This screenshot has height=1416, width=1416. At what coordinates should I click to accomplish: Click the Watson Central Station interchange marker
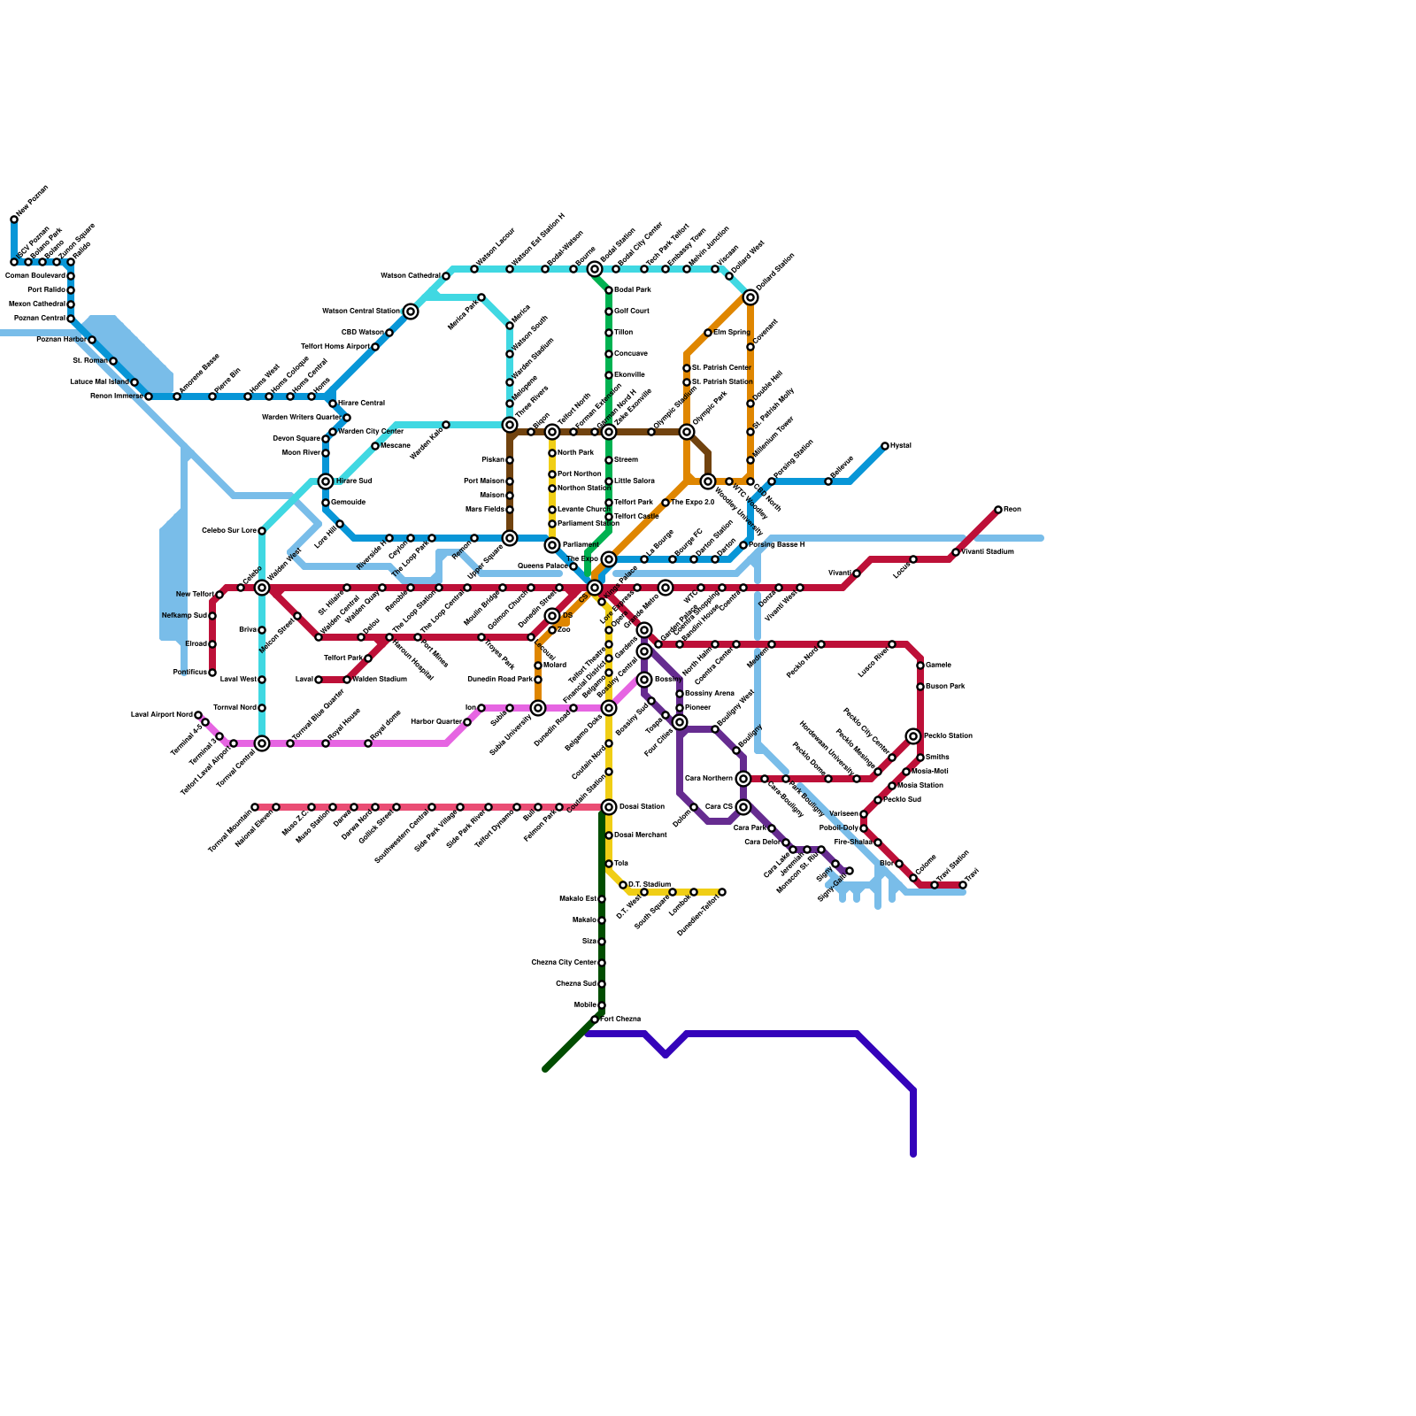point(411,312)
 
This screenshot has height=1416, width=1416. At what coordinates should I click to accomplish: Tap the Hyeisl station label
point(900,446)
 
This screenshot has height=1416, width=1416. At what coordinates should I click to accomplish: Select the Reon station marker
point(998,510)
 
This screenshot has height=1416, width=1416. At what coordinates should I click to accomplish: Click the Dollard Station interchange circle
point(750,297)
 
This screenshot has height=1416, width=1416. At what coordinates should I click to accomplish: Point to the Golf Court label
point(632,312)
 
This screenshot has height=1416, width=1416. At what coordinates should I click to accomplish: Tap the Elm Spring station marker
point(708,333)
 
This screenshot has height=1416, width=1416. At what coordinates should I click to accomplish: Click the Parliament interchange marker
point(552,545)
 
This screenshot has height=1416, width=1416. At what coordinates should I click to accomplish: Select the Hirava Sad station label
point(353,481)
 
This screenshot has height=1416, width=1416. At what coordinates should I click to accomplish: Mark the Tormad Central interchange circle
point(262,743)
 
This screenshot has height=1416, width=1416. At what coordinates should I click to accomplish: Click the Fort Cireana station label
point(620,1020)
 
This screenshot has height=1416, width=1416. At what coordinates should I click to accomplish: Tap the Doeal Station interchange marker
point(609,807)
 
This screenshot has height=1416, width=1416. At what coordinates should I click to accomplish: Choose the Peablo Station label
point(948,736)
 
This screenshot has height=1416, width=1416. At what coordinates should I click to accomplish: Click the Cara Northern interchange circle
point(743,779)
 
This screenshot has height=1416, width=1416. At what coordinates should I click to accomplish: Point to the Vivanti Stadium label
point(988,552)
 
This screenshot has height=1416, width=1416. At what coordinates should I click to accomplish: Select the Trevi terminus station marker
point(963,885)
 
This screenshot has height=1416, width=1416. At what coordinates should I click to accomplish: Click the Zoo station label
point(565,630)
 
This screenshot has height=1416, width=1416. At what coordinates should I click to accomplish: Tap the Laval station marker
point(319,680)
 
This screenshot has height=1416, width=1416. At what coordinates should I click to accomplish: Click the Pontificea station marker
point(212,673)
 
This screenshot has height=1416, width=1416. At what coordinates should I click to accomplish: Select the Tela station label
point(621,864)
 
